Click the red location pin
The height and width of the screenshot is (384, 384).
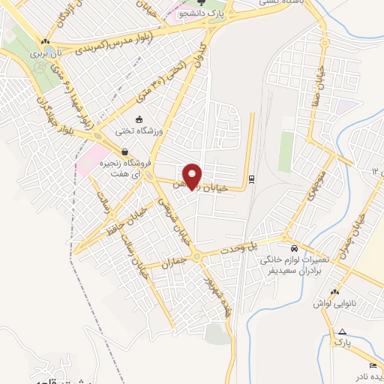click(193, 175)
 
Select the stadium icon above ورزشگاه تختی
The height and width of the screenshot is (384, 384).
click(138, 118)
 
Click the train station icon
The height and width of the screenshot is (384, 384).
click(250, 178)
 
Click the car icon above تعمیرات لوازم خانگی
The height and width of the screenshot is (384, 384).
click(293, 247)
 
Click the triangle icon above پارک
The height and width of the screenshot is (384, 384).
click(343, 331)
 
